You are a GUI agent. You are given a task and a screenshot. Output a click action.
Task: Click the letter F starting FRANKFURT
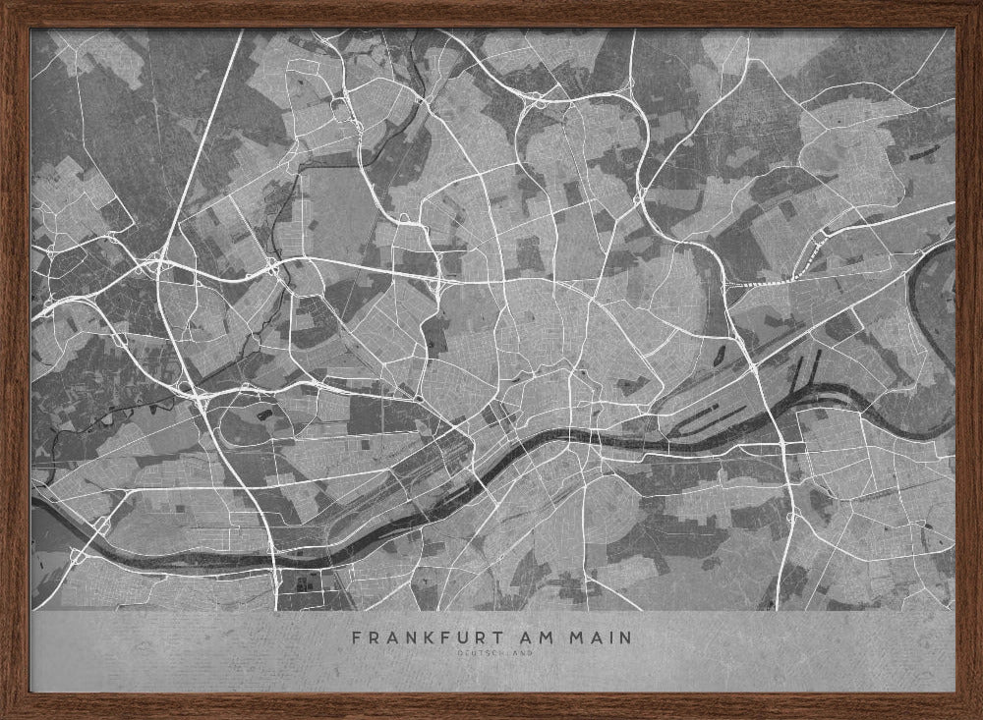pos(356,637)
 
